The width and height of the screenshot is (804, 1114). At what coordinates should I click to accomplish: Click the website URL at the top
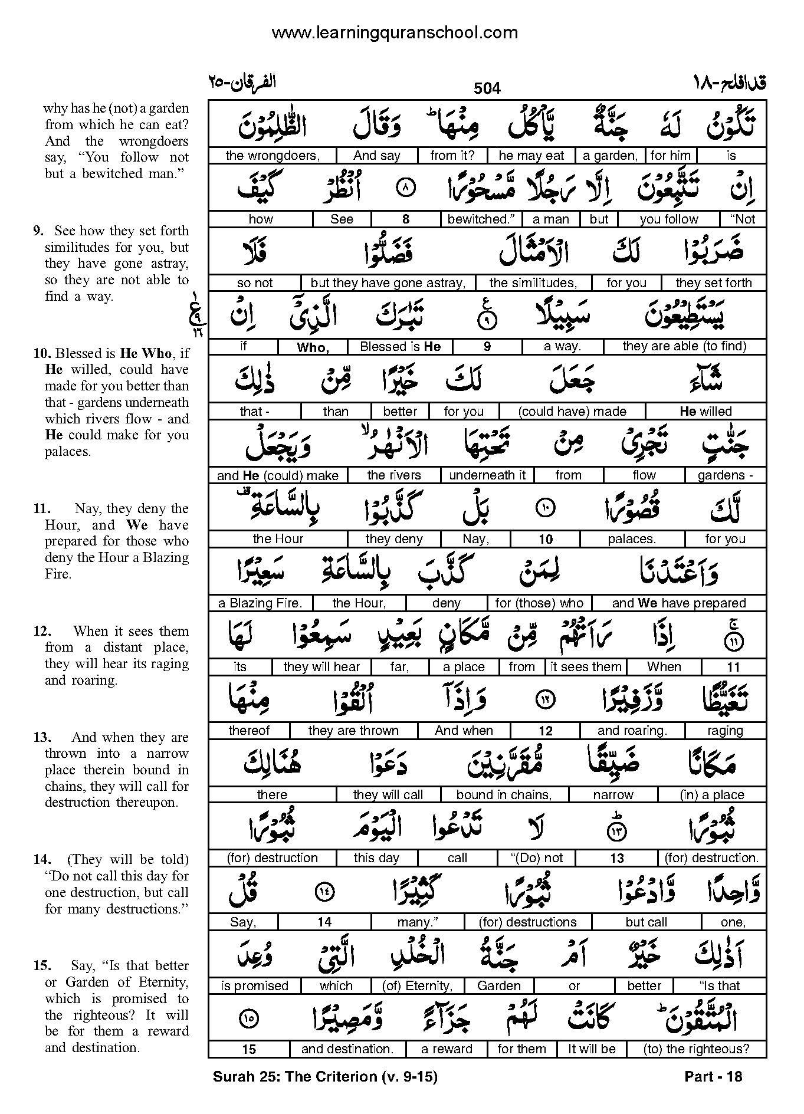point(395,32)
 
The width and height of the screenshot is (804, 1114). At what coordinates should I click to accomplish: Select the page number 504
point(487,88)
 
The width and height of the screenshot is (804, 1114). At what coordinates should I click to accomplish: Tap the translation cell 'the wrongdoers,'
point(272,156)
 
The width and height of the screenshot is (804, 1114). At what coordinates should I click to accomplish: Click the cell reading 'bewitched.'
point(481,219)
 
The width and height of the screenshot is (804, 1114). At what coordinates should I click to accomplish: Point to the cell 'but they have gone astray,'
point(388,283)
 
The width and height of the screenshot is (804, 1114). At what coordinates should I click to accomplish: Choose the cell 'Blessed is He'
point(400,347)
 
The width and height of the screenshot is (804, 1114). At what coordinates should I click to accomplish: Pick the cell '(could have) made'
point(572,411)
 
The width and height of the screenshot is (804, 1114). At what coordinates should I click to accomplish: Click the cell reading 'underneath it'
point(487,475)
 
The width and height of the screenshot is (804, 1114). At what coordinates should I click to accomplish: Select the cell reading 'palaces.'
point(632,539)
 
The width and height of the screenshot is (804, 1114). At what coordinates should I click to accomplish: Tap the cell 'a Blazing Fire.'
point(260,603)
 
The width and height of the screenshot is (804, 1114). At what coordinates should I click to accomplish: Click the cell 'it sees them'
point(586,667)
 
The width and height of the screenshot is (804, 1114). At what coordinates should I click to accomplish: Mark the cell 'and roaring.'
point(632,731)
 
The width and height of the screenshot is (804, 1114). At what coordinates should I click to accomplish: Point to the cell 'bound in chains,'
point(504,794)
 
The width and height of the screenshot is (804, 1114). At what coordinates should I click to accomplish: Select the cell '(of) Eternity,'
point(417,985)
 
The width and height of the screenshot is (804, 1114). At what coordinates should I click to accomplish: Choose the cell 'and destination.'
point(347,1049)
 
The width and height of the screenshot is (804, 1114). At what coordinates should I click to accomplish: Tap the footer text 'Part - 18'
point(713,1077)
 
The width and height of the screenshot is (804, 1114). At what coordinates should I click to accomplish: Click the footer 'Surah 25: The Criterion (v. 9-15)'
point(325,1077)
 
